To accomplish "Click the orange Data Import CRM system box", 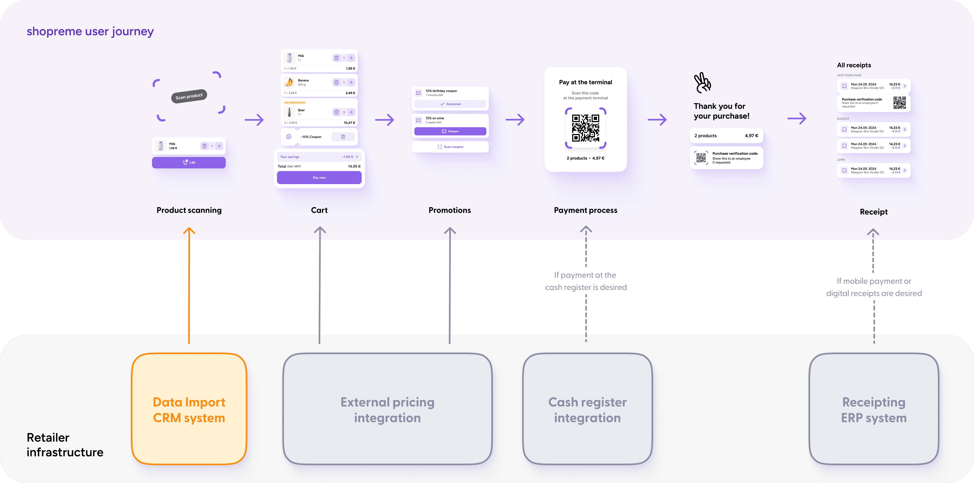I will (189, 409).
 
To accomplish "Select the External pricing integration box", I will (387, 409).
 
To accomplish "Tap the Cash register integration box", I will (587, 409).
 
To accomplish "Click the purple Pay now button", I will (319, 178).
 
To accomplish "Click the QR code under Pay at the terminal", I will (585, 128).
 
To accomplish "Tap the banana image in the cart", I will (289, 82).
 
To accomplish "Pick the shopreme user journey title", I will (90, 31).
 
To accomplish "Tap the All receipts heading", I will (854, 65).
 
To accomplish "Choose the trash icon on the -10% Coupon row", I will (343, 137).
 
